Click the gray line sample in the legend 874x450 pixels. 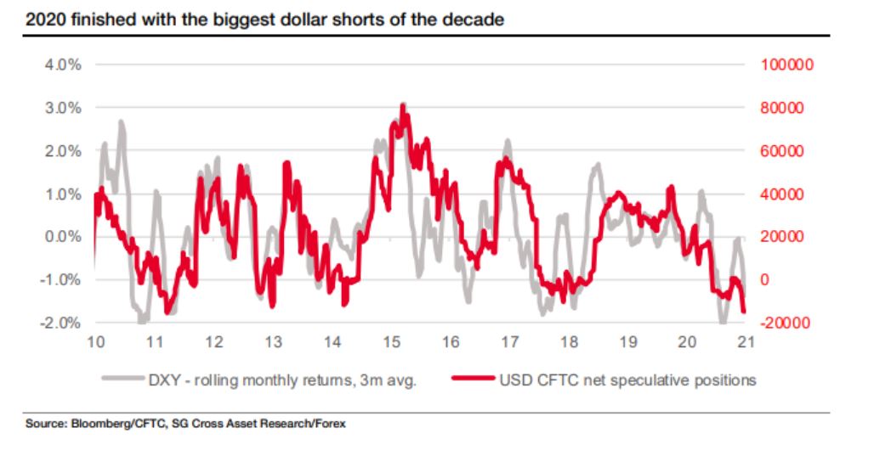point(119,380)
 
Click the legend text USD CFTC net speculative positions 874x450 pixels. point(625,380)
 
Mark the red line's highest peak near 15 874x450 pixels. point(403,105)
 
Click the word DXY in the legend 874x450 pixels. point(160,380)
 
